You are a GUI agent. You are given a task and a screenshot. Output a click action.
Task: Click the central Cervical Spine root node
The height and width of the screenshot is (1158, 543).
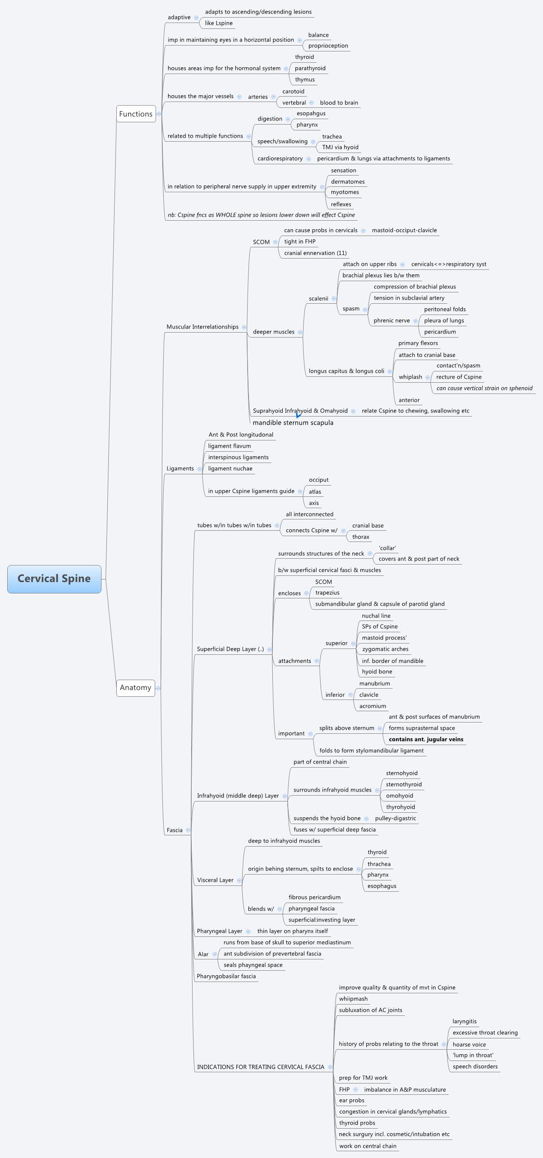point(54,579)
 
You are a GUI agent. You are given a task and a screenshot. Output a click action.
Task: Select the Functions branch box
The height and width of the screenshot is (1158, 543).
point(136,114)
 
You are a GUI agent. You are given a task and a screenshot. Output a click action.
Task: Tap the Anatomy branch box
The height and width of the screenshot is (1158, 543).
point(135,687)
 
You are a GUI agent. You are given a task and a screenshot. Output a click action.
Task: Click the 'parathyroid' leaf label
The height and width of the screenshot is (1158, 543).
point(310,68)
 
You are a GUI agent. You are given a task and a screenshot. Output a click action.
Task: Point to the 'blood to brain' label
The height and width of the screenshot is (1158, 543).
point(339,102)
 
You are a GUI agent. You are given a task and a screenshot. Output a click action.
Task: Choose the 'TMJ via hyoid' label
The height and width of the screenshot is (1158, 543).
point(340,147)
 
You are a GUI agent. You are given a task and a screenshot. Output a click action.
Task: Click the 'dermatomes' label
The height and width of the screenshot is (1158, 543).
point(348,181)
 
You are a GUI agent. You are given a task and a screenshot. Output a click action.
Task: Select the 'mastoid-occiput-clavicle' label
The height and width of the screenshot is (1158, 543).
point(404,230)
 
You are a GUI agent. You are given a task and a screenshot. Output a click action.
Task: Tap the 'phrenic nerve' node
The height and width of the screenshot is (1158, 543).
point(391,320)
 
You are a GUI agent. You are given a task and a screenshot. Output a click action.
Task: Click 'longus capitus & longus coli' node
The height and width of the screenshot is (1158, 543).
point(346,371)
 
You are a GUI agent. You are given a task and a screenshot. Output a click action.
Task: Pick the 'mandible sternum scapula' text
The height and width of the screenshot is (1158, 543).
point(293,422)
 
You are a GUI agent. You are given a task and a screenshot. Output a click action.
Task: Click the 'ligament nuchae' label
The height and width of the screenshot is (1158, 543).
point(230,468)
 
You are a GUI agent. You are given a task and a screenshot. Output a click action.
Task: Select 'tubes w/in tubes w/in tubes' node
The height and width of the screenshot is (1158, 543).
point(234,525)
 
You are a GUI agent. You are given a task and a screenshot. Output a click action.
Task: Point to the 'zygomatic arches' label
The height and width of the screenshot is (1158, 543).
point(385,649)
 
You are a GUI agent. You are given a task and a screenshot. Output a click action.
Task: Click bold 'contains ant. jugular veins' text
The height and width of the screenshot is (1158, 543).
point(426,739)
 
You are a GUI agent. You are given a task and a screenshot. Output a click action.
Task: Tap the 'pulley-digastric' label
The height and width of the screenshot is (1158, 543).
point(395,818)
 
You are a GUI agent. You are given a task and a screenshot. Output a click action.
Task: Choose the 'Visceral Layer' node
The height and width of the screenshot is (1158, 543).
point(215,880)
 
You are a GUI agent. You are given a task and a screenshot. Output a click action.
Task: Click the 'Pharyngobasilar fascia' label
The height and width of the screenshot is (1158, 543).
point(226,976)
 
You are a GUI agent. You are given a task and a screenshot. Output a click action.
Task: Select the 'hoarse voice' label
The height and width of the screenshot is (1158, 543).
point(469,1044)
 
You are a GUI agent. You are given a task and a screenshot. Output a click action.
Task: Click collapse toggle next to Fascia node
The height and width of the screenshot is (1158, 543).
point(188,830)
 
